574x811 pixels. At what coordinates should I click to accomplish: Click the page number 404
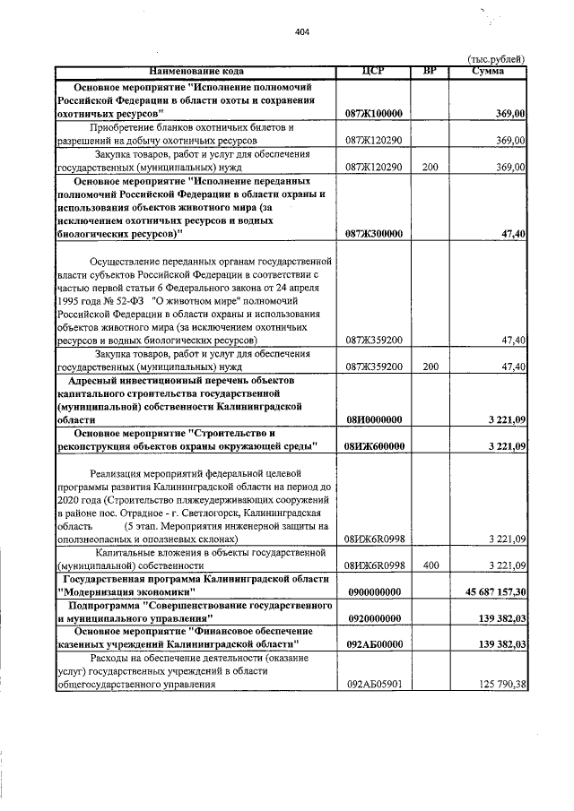click(x=301, y=32)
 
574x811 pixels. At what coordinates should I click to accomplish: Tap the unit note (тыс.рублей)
click(x=496, y=59)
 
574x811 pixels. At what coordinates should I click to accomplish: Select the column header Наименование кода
click(x=196, y=71)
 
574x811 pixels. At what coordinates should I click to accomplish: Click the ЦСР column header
click(x=373, y=71)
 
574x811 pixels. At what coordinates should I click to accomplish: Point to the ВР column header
click(x=430, y=71)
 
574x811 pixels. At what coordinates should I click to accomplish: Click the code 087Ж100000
click(x=373, y=115)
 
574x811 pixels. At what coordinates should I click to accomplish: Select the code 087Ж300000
click(x=373, y=234)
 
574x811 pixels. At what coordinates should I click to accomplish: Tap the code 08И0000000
click(x=373, y=418)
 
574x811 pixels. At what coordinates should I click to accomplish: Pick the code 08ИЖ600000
click(x=373, y=445)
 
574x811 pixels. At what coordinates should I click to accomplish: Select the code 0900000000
click(x=373, y=592)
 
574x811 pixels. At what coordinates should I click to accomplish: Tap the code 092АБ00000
click(x=373, y=644)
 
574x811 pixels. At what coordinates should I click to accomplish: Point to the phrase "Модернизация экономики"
click(x=125, y=592)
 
